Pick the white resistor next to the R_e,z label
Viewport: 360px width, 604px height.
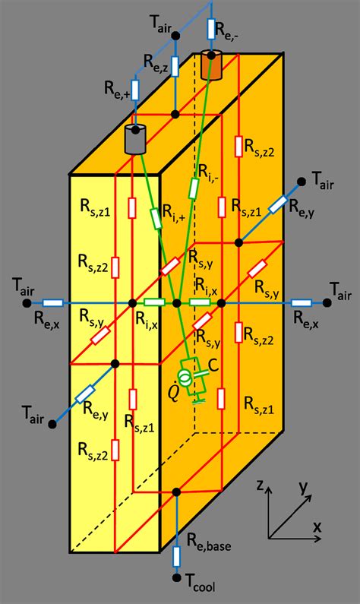(x=175, y=65)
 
